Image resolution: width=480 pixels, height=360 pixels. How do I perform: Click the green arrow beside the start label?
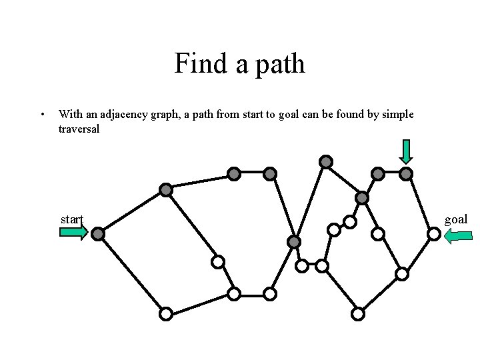(73, 232)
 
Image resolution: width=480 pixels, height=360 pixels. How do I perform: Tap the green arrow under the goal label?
(458, 235)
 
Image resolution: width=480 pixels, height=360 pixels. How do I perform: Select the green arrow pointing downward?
(406, 151)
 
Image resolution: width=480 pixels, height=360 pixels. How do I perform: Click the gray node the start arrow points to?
(98, 234)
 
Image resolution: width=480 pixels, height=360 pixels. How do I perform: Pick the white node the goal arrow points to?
(433, 234)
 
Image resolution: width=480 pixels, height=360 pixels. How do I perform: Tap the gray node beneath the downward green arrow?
(406, 174)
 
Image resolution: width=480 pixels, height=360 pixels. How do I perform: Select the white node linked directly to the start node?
(166, 313)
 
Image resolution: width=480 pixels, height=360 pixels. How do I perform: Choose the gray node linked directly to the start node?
(166, 190)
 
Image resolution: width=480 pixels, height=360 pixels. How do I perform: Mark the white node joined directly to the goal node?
(402, 273)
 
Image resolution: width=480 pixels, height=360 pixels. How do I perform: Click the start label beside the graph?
(71, 219)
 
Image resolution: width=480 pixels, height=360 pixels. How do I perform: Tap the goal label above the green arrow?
(456, 219)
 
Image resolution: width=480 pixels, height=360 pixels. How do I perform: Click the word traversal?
(79, 129)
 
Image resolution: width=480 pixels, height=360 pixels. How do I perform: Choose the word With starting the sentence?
(69, 115)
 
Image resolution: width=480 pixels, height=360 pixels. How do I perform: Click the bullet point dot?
(42, 114)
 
